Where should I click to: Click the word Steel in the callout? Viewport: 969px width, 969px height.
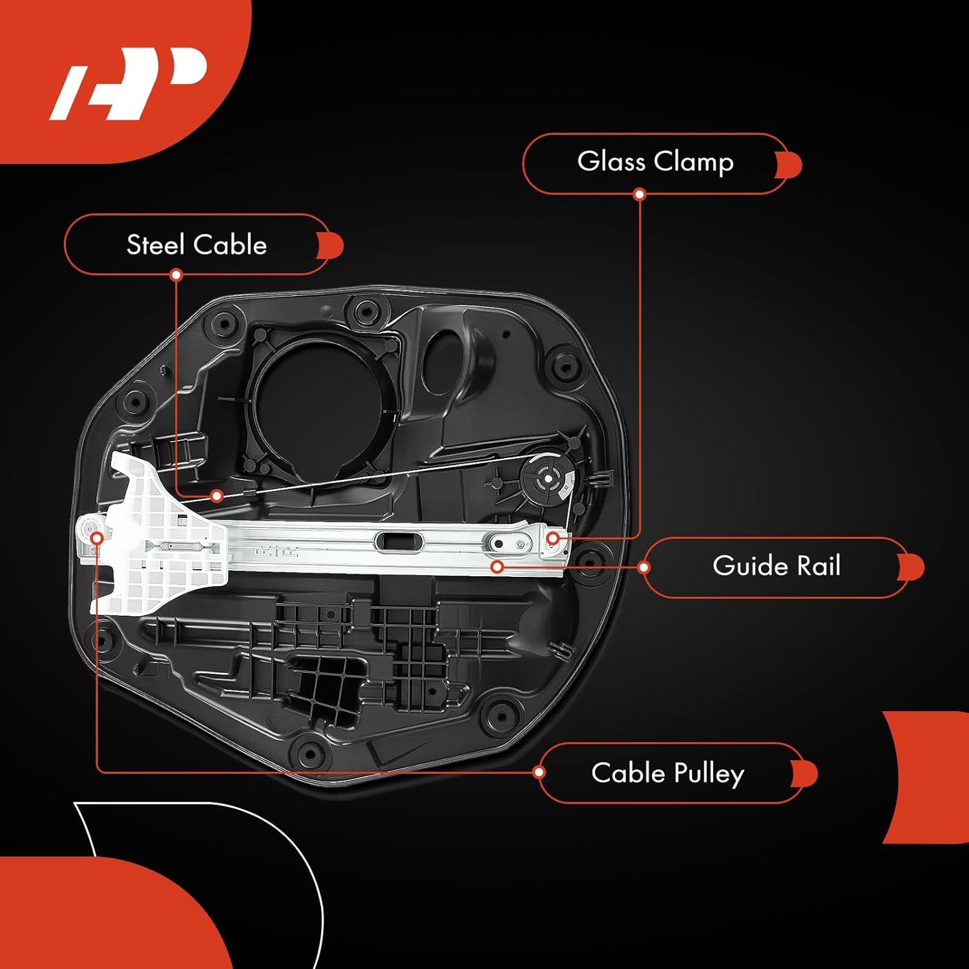coord(156,245)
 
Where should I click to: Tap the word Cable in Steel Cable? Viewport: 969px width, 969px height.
coord(230,245)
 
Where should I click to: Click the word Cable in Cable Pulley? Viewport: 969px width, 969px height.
coord(628,773)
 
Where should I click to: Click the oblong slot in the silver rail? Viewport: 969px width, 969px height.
coord(400,541)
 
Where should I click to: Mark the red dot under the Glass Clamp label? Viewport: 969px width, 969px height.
coord(640,194)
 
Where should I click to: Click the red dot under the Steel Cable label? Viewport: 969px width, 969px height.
coord(176,275)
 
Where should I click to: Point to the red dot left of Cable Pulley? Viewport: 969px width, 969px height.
coord(539,772)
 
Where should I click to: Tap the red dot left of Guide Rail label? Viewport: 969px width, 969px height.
coord(643,567)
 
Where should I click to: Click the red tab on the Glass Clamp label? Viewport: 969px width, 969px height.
coord(789,165)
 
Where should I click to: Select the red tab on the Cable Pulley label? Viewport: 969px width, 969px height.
coord(806,774)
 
